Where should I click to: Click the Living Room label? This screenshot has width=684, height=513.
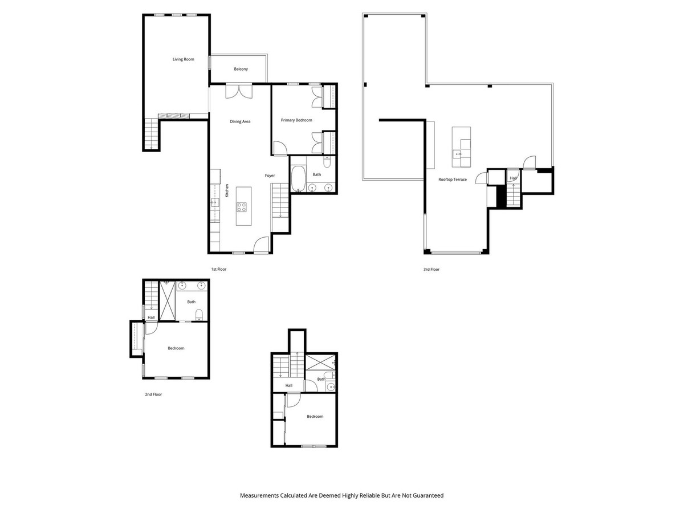184,59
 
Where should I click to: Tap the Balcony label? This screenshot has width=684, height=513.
241,69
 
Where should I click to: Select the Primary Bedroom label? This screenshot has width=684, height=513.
296,120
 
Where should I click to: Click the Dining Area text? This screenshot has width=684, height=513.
240,121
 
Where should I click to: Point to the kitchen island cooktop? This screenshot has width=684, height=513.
242,207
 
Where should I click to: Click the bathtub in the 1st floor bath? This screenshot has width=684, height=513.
298,180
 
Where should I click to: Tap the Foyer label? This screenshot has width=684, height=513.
270,176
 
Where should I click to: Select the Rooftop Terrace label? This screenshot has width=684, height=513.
452,180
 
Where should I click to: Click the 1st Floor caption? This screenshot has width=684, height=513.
218,269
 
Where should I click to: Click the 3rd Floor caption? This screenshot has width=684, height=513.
431,269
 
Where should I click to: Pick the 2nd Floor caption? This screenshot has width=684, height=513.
153,394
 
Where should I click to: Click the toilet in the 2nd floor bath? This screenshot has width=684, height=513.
198,314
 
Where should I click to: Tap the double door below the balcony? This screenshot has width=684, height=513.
238,91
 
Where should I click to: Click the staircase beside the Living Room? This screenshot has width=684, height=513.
150,134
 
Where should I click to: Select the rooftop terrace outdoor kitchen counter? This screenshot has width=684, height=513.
462,147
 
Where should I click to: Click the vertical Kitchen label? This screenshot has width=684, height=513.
226,190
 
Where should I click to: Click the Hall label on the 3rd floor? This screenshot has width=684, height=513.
513,178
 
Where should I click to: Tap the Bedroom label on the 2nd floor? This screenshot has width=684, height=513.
176,348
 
